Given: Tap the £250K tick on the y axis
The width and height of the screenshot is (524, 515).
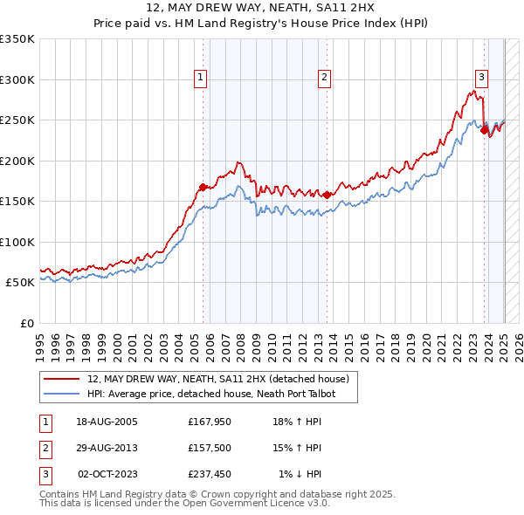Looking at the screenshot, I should (x=17, y=120).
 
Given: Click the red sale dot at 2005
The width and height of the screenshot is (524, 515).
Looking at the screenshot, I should (x=203, y=187).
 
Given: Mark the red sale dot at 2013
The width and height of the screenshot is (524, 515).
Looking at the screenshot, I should (x=327, y=195).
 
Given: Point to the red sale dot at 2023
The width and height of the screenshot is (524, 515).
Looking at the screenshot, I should (x=484, y=130).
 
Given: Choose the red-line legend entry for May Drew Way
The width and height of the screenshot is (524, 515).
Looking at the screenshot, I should (x=218, y=379).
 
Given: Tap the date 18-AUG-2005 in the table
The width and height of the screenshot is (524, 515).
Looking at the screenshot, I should (x=107, y=422).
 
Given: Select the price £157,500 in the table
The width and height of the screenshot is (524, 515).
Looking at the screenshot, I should (x=209, y=448).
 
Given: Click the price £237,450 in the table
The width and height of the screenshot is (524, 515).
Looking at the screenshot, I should (x=209, y=474).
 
